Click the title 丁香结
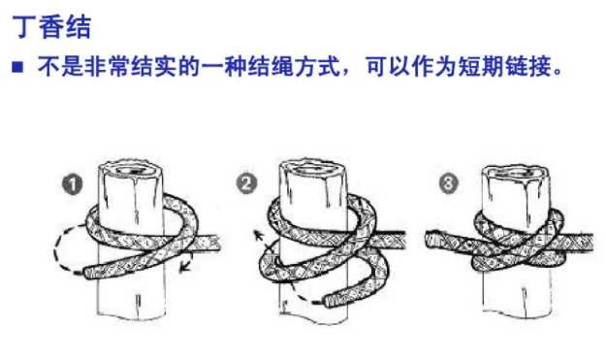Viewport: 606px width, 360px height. (51, 26)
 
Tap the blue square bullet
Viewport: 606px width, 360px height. (17, 67)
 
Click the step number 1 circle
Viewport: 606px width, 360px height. (73, 184)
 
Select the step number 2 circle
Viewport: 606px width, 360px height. (246, 183)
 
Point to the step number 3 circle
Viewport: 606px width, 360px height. (449, 182)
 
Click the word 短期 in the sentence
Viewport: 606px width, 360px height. (481, 67)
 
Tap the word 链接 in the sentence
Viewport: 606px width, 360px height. (527, 67)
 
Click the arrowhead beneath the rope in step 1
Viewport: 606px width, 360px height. (184, 268)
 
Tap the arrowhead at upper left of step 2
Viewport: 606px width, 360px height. (257, 234)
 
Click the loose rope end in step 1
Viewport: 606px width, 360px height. (88, 273)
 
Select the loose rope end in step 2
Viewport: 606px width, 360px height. (330, 301)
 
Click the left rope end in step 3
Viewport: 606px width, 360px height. (430, 239)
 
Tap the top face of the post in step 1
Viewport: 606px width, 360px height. (132, 169)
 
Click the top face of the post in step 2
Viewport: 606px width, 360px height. (313, 169)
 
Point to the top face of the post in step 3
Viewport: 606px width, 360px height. (516, 174)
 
